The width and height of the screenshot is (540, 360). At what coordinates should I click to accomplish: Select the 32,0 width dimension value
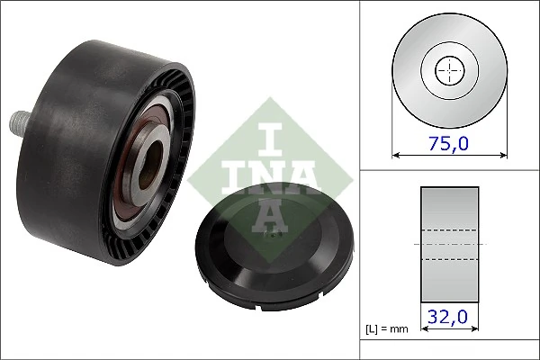pyautogui.click(x=447, y=317)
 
